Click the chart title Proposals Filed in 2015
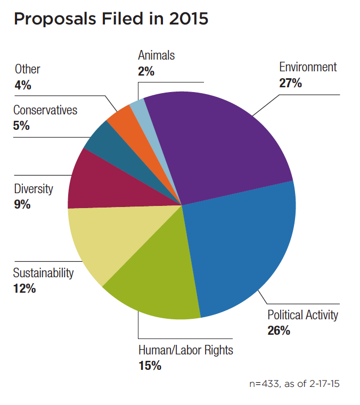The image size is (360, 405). click(111, 19)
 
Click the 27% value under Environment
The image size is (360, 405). click(290, 83)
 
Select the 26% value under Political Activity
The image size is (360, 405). click(279, 330)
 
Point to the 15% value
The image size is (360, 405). click(150, 366)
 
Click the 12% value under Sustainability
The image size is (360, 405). click(24, 288)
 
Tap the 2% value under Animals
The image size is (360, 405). click(146, 71)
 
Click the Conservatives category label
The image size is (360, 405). click(45, 110)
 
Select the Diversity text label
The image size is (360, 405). click(34, 188)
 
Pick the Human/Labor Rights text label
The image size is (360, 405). click(186, 350)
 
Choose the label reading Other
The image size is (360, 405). click(27, 69)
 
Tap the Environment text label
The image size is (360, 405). click(308, 67)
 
